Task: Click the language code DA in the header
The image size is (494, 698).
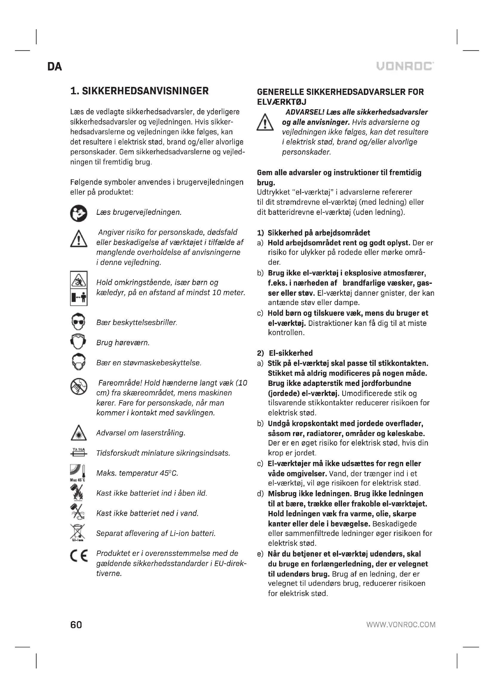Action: point(55,67)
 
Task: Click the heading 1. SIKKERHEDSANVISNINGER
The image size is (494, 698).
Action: point(139,91)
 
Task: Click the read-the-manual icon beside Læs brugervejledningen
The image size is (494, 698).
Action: point(79,213)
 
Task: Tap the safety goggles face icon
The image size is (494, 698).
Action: point(79,322)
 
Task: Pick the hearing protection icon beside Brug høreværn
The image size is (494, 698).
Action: point(79,342)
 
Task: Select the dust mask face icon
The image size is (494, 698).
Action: point(79,362)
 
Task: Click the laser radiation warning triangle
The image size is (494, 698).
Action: point(79,433)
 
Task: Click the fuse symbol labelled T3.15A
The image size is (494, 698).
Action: point(79,452)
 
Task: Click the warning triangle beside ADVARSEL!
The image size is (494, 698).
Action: point(265,122)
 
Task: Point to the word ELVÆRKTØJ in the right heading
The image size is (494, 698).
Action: point(281,102)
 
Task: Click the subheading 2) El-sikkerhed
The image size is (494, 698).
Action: point(285,353)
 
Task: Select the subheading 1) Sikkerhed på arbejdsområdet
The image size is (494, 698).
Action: point(313,233)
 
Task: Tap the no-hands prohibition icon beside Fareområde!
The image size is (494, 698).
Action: point(79,387)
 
